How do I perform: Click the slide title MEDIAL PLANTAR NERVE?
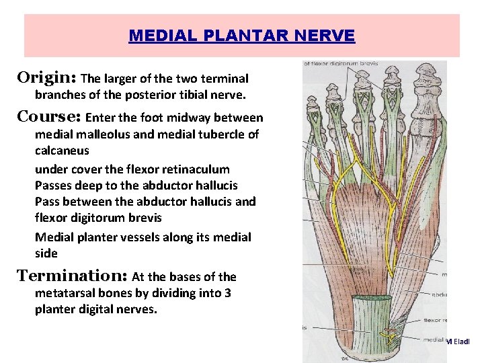point(241,36)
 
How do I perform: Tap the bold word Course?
point(49,116)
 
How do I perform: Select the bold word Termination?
point(72,276)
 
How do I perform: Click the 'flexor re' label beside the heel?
point(435,321)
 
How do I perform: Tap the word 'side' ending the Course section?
point(46,253)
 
